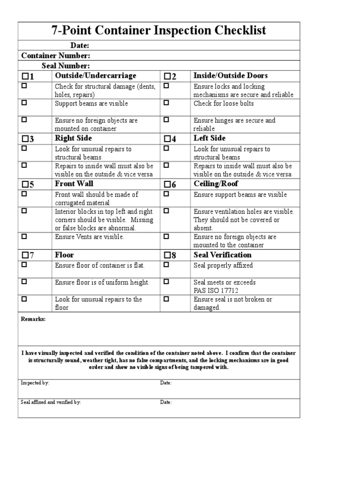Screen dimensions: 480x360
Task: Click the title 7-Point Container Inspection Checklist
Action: click(158, 31)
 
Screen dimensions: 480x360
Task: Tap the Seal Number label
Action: click(66, 66)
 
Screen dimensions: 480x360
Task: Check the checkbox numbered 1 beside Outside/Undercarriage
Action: click(25, 76)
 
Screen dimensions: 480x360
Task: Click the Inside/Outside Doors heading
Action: click(231, 76)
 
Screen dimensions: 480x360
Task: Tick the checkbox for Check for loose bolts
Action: click(165, 103)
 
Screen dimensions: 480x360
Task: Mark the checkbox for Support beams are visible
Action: click(24, 103)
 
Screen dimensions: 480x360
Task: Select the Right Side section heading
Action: click(73, 138)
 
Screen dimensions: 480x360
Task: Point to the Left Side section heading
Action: click(209, 138)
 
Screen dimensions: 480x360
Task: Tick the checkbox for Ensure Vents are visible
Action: click(24, 236)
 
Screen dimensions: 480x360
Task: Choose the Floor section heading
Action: click(64, 255)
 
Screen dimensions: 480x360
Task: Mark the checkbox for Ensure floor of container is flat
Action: click(24, 265)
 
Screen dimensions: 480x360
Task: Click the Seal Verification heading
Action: click(222, 255)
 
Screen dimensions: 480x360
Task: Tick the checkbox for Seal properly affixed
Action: click(165, 265)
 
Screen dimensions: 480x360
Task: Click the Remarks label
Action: click(33, 319)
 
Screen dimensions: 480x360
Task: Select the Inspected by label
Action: click(35, 383)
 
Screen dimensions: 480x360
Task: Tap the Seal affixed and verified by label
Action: click(51, 402)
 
